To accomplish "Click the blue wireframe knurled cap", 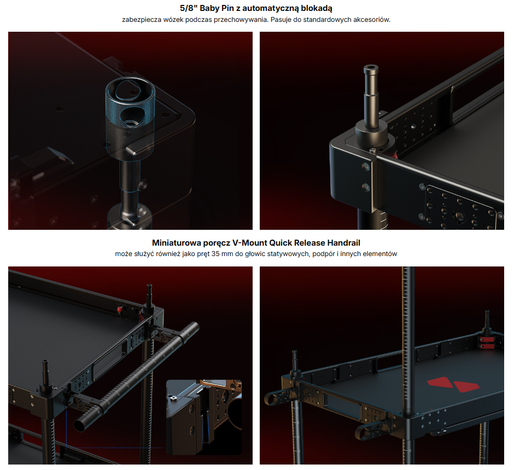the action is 130,102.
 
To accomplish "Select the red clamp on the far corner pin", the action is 487,343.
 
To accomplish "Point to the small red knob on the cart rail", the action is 120,309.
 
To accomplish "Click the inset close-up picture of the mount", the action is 204,417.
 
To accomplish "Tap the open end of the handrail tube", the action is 79,425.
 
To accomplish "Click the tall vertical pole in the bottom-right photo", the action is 408,341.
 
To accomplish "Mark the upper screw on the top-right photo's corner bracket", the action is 365,167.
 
